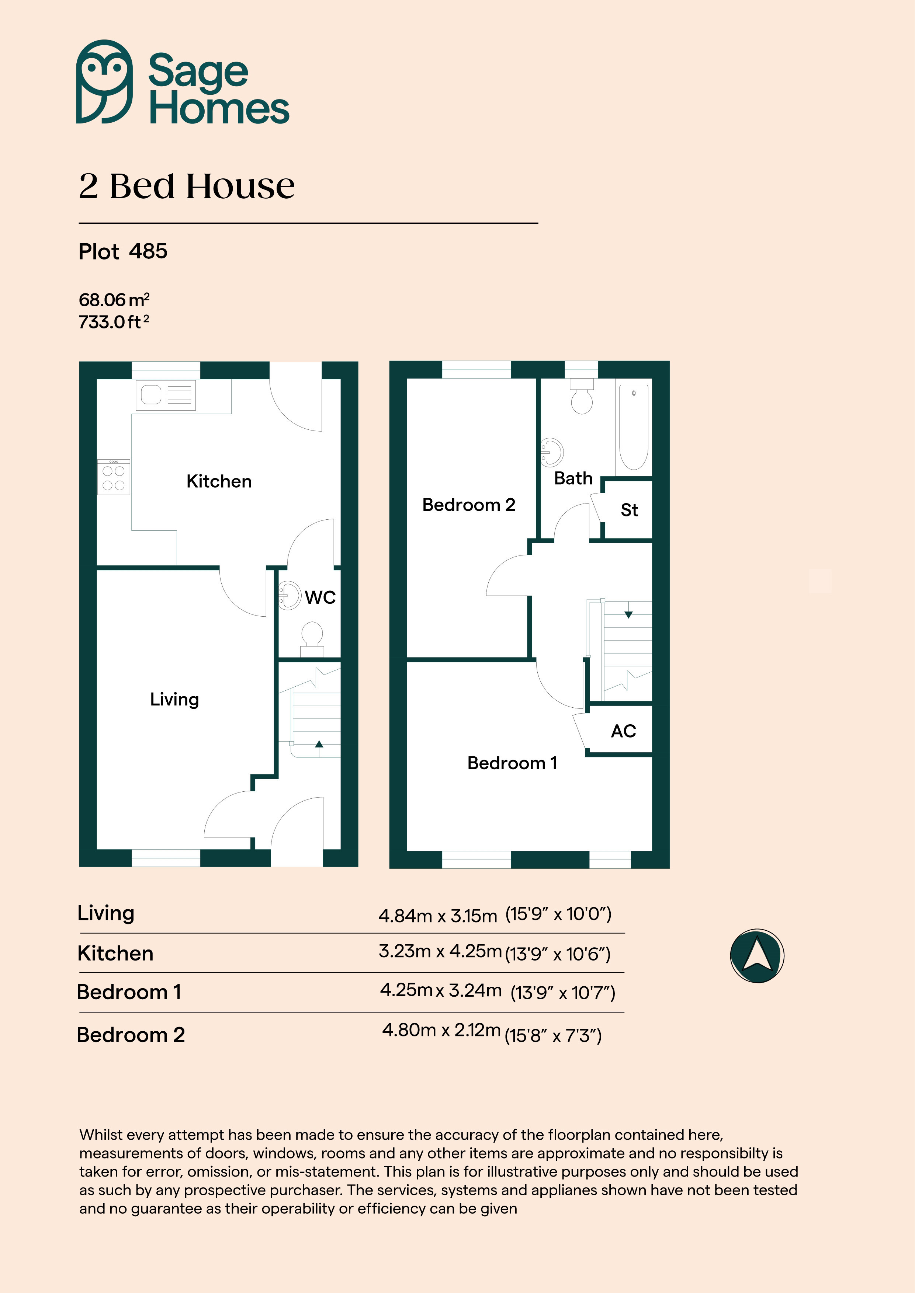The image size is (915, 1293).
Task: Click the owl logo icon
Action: click(x=104, y=82)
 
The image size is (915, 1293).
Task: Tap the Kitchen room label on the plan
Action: click(x=219, y=481)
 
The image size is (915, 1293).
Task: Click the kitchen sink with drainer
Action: click(x=166, y=395)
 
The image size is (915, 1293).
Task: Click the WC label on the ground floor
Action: click(x=320, y=597)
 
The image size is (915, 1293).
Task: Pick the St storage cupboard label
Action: click(x=629, y=510)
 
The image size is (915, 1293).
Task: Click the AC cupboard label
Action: click(x=623, y=731)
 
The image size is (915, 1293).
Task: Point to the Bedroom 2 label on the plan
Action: click(x=469, y=505)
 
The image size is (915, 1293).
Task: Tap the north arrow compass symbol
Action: click(x=757, y=956)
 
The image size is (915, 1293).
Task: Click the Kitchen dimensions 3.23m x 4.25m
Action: click(x=440, y=951)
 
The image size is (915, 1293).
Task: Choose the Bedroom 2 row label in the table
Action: click(x=131, y=1035)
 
